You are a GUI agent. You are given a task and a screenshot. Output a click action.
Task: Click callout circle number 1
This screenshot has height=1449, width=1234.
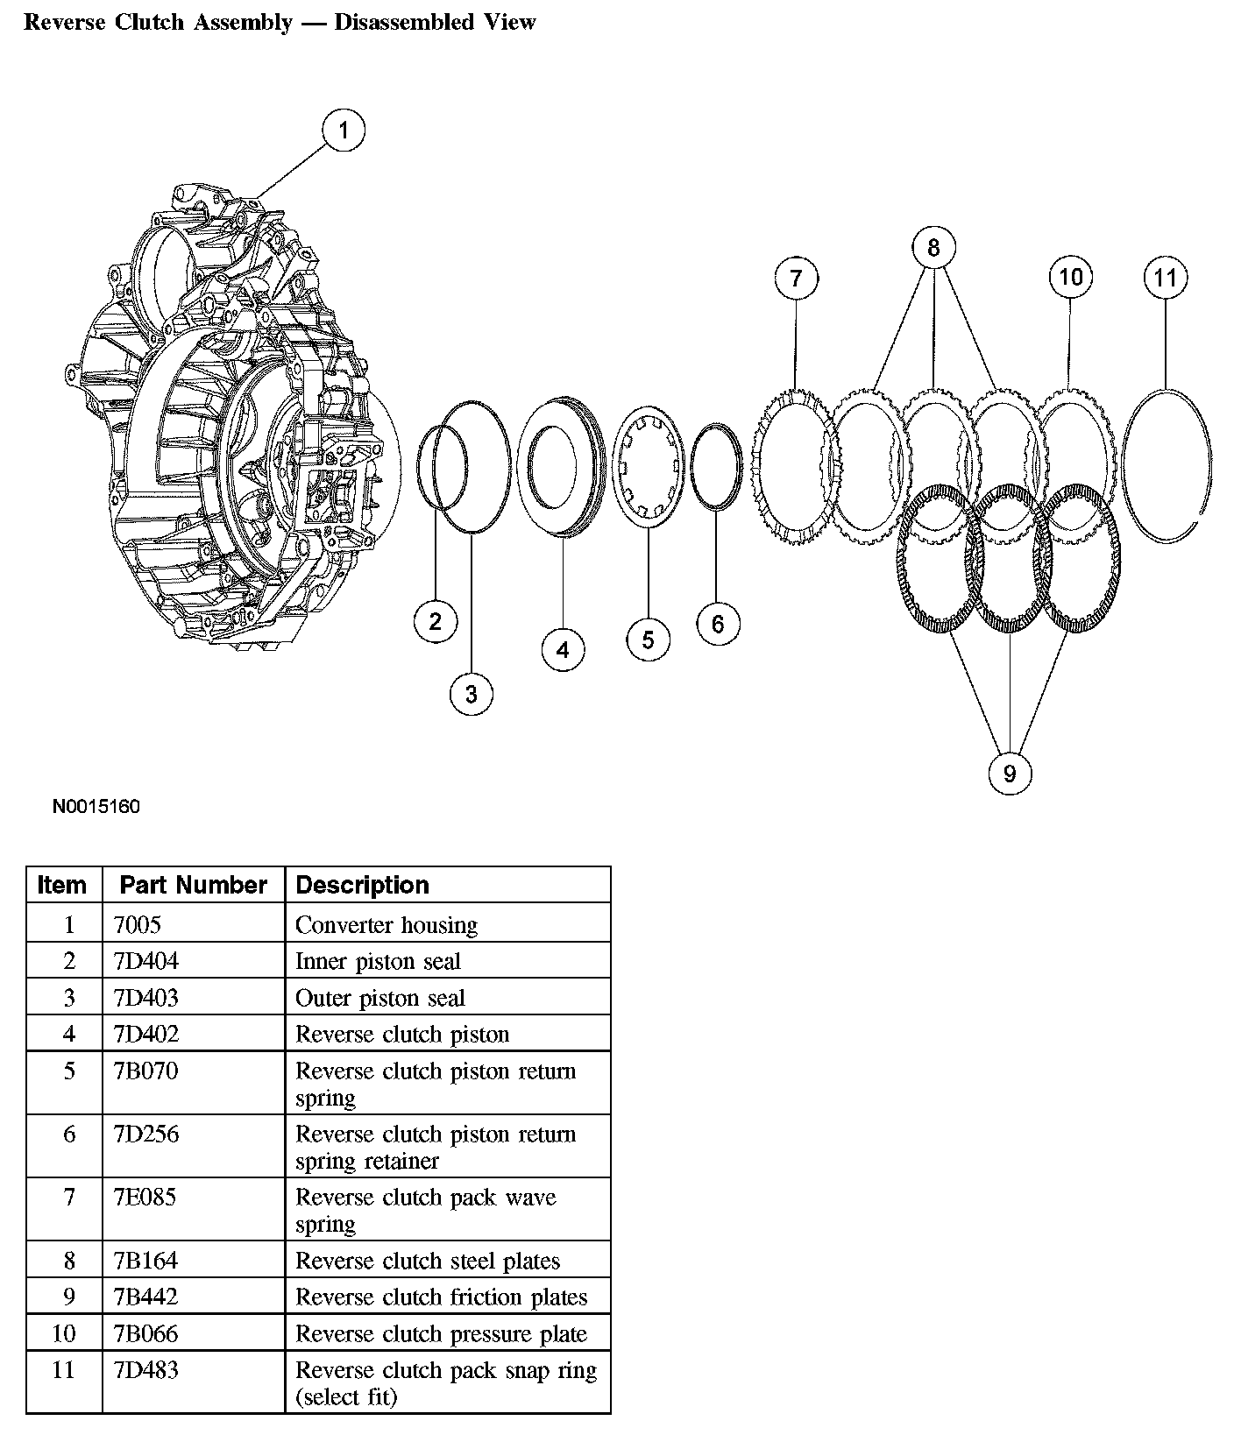pyautogui.click(x=343, y=131)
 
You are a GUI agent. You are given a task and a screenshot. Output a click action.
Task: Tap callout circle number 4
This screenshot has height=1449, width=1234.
pyautogui.click(x=563, y=649)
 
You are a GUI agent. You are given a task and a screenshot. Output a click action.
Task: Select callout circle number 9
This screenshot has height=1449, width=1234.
pyautogui.click(x=1009, y=774)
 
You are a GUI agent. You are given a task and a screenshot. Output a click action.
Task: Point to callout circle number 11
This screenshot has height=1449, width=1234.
pyautogui.click(x=1165, y=278)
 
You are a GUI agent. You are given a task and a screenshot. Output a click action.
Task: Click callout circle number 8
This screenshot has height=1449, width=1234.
pyautogui.click(x=933, y=248)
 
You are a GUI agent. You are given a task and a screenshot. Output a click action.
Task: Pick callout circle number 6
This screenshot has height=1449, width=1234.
pyautogui.click(x=718, y=624)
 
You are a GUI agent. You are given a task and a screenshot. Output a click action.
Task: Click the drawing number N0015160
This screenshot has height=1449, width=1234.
pyautogui.click(x=96, y=806)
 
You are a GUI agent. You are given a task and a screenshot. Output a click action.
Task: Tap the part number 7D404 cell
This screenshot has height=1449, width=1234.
pyautogui.click(x=145, y=961)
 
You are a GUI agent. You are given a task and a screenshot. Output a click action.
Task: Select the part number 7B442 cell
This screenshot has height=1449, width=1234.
pyautogui.click(x=145, y=1297)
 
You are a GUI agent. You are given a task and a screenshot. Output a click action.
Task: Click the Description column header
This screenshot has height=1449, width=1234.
pyautogui.click(x=362, y=885)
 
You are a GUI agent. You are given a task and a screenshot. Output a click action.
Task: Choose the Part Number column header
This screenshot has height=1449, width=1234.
pyautogui.click(x=193, y=885)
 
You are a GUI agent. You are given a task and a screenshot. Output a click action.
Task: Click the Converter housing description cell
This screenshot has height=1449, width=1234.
pyautogui.click(x=386, y=924)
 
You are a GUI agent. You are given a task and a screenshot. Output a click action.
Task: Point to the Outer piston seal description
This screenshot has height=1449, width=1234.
pyautogui.click(x=379, y=998)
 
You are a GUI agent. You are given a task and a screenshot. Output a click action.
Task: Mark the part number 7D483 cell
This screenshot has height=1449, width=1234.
pyautogui.click(x=145, y=1369)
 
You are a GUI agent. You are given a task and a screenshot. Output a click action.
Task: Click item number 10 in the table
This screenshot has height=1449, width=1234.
pyautogui.click(x=64, y=1333)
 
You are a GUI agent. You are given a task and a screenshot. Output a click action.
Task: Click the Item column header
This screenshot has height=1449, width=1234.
pyautogui.click(x=62, y=885)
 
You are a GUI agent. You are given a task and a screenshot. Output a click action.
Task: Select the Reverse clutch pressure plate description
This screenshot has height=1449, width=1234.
pyautogui.click(x=441, y=1333)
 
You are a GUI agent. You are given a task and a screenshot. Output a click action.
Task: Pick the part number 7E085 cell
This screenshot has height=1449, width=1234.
pyautogui.click(x=145, y=1197)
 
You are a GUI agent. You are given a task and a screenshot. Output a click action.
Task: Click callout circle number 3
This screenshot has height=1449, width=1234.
pyautogui.click(x=471, y=694)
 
